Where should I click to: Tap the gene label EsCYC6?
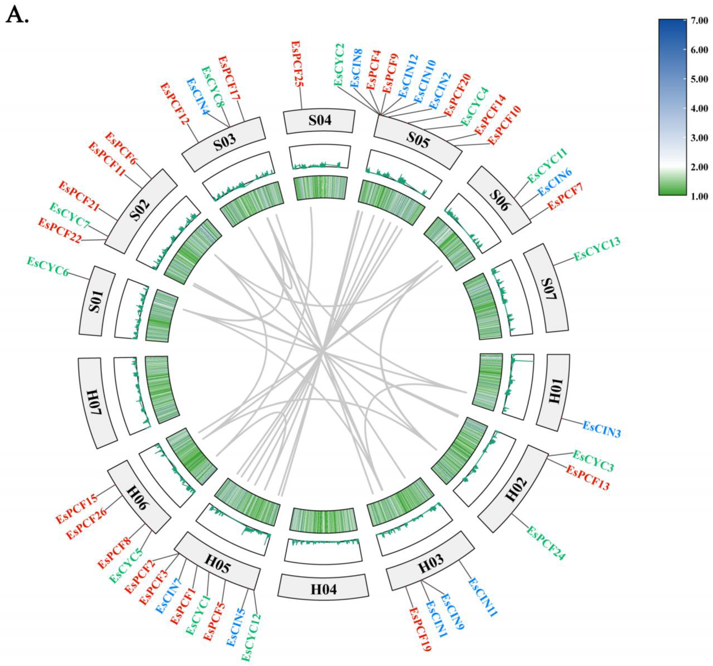[48, 266]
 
